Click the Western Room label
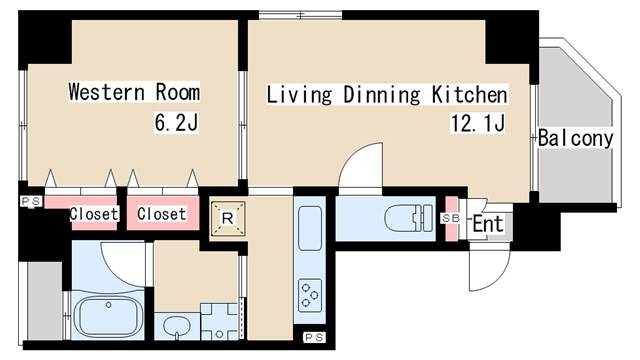point(134,92)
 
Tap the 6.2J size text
point(176,122)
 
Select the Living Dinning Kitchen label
point(387,95)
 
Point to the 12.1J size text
point(478,122)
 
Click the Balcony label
point(576,138)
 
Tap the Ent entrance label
point(488,224)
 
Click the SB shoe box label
point(451,218)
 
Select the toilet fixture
point(409,218)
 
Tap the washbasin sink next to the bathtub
point(177,326)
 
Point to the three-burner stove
point(310,295)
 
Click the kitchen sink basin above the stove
point(310,228)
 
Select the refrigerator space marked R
point(228,219)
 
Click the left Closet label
point(94,213)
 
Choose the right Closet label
point(162,213)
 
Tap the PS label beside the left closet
point(31,201)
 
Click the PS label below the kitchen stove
point(314,338)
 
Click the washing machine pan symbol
point(219,321)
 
